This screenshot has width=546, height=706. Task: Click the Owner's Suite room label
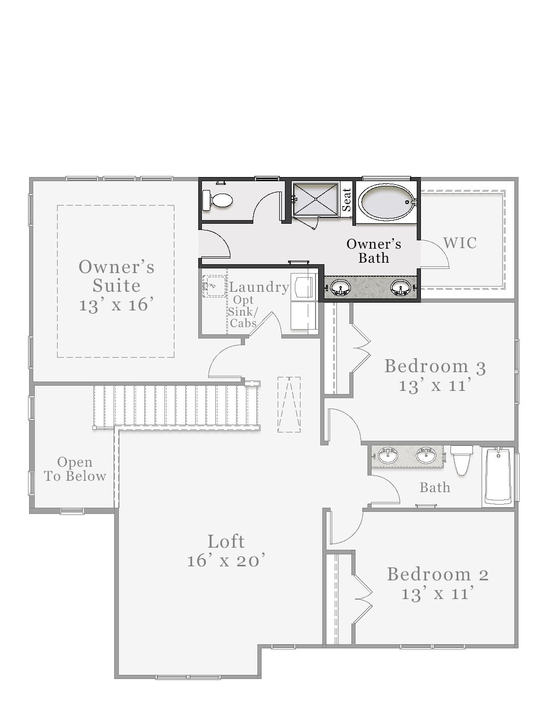coord(116,276)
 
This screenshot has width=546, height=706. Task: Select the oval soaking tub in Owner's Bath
coord(386,202)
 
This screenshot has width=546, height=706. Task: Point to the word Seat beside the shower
coord(347,199)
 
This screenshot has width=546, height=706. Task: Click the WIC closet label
coord(460,243)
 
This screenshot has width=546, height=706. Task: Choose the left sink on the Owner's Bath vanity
coord(340,287)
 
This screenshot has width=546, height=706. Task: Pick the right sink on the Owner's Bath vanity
coord(400,287)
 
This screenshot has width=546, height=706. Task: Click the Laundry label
coord(259,287)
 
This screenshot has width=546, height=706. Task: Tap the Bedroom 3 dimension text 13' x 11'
coord(435,386)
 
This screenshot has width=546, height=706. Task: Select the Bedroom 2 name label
coord(438,574)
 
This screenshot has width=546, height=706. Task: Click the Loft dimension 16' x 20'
coord(226,561)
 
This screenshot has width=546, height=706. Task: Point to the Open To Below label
coord(75,469)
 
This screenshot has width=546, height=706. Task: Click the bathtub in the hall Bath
coord(498,477)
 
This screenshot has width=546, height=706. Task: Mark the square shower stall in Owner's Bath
coord(316,199)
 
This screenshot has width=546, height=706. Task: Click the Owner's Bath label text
coord(374,251)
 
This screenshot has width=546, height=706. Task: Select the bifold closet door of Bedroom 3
coord(361,348)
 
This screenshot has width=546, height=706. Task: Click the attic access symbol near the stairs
coord(289,404)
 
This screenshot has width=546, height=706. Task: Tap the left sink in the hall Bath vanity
coord(387,456)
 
